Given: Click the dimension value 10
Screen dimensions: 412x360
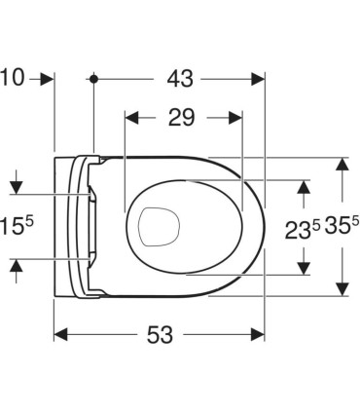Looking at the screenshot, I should tap(13, 77).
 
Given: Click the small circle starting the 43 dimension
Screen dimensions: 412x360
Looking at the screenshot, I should tap(93, 77).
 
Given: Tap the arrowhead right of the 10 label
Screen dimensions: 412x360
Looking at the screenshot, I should tap(47, 77).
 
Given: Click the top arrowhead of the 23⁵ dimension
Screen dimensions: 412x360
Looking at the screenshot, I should tap(304, 186).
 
